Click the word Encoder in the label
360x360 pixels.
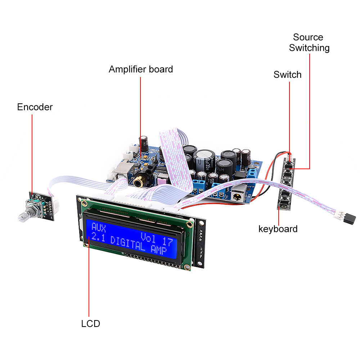click(x=35, y=107)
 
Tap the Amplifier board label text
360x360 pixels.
click(x=141, y=69)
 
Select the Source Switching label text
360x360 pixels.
click(x=309, y=42)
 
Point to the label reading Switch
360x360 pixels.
click(x=287, y=75)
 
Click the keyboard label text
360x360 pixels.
click(x=278, y=229)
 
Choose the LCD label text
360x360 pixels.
click(x=90, y=324)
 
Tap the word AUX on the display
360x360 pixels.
click(x=99, y=227)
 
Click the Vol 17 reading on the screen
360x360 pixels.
click(x=156, y=239)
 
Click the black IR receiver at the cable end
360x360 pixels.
click(x=349, y=217)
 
